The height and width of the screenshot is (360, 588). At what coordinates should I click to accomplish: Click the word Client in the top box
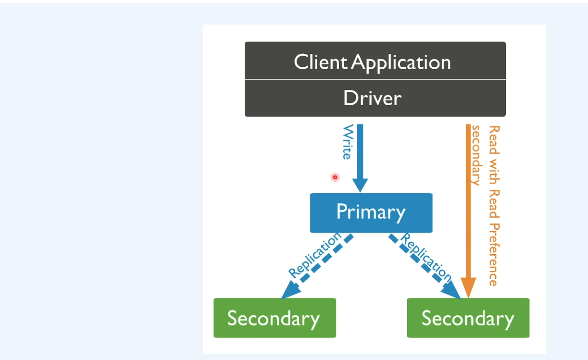pos(320,62)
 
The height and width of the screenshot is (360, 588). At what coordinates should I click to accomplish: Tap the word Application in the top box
pos(401,63)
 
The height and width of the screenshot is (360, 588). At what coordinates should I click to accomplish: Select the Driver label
pos(373,98)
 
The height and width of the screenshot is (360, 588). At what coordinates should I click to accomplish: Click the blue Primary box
pos(371,213)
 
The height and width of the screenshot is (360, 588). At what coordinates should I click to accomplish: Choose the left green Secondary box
pos(275,318)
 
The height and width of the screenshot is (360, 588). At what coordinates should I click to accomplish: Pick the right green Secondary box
pos(468,318)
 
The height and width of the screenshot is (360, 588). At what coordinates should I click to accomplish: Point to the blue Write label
pos(348,142)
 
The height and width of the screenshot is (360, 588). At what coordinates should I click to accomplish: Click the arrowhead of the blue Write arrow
pos(360,185)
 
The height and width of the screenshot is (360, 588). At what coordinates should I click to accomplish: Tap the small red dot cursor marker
pos(335,177)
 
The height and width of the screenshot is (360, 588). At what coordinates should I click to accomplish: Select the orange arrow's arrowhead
pos(468,287)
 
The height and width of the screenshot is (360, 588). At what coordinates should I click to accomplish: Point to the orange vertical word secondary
pos(476,156)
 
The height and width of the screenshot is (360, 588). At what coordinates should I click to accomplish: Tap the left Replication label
pos(315,255)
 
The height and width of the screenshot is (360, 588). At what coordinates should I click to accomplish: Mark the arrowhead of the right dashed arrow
pos(451,291)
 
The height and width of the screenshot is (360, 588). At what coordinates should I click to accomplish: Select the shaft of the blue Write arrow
pos(360,151)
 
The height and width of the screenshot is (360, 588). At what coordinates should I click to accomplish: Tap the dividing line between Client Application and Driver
pos(375,79)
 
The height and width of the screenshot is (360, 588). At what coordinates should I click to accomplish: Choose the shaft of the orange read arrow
pos(468,201)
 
